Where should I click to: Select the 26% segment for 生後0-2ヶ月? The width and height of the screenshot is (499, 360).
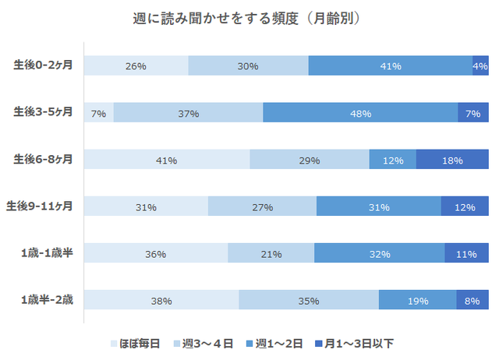click(x=136, y=66)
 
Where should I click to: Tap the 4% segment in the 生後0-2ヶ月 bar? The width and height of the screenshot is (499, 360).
click(x=480, y=66)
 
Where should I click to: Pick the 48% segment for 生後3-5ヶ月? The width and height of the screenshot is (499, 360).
click(x=360, y=113)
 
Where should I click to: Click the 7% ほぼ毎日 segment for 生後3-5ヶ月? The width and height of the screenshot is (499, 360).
click(x=98, y=113)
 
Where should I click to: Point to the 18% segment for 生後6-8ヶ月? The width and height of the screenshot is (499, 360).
click(x=452, y=160)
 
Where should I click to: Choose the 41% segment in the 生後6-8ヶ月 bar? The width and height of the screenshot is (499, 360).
click(x=167, y=160)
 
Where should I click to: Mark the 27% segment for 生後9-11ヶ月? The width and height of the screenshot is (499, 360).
click(x=262, y=206)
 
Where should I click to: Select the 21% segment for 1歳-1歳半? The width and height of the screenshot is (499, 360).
click(x=271, y=253)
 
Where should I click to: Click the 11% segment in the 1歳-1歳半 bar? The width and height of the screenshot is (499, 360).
click(x=466, y=253)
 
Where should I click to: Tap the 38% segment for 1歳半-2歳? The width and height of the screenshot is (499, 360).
click(x=161, y=300)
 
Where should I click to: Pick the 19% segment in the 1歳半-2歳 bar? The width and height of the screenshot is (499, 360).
click(x=417, y=300)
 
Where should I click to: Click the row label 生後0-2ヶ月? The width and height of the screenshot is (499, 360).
click(x=44, y=65)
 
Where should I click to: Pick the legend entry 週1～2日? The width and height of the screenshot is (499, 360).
click(x=277, y=342)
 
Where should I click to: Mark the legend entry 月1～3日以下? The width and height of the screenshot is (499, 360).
click(x=359, y=342)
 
